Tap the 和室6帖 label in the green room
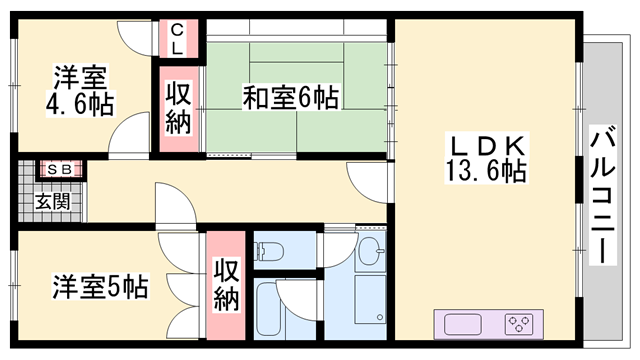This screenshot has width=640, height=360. tap(290, 97)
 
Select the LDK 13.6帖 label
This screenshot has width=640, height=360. tap(486, 157)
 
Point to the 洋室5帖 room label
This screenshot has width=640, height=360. tap(100, 288)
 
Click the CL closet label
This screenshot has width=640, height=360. tap(175, 39)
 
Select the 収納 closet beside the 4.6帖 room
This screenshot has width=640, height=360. tap(179, 108)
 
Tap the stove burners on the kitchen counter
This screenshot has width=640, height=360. tap(520, 324)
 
